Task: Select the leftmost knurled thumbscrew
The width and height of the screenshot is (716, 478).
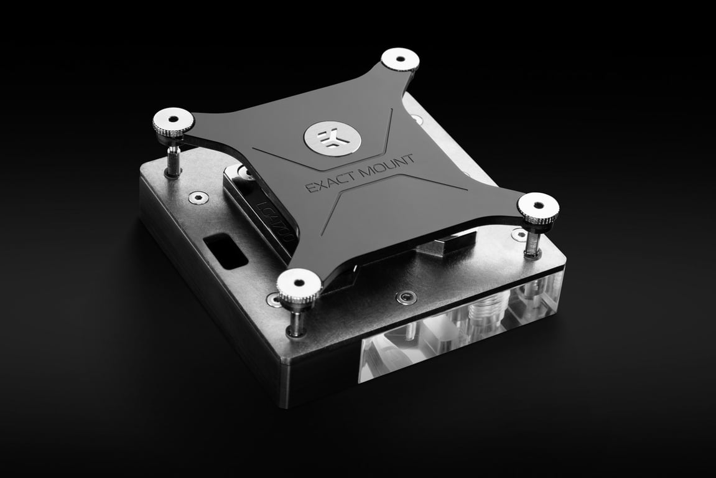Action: [x=174, y=121]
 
